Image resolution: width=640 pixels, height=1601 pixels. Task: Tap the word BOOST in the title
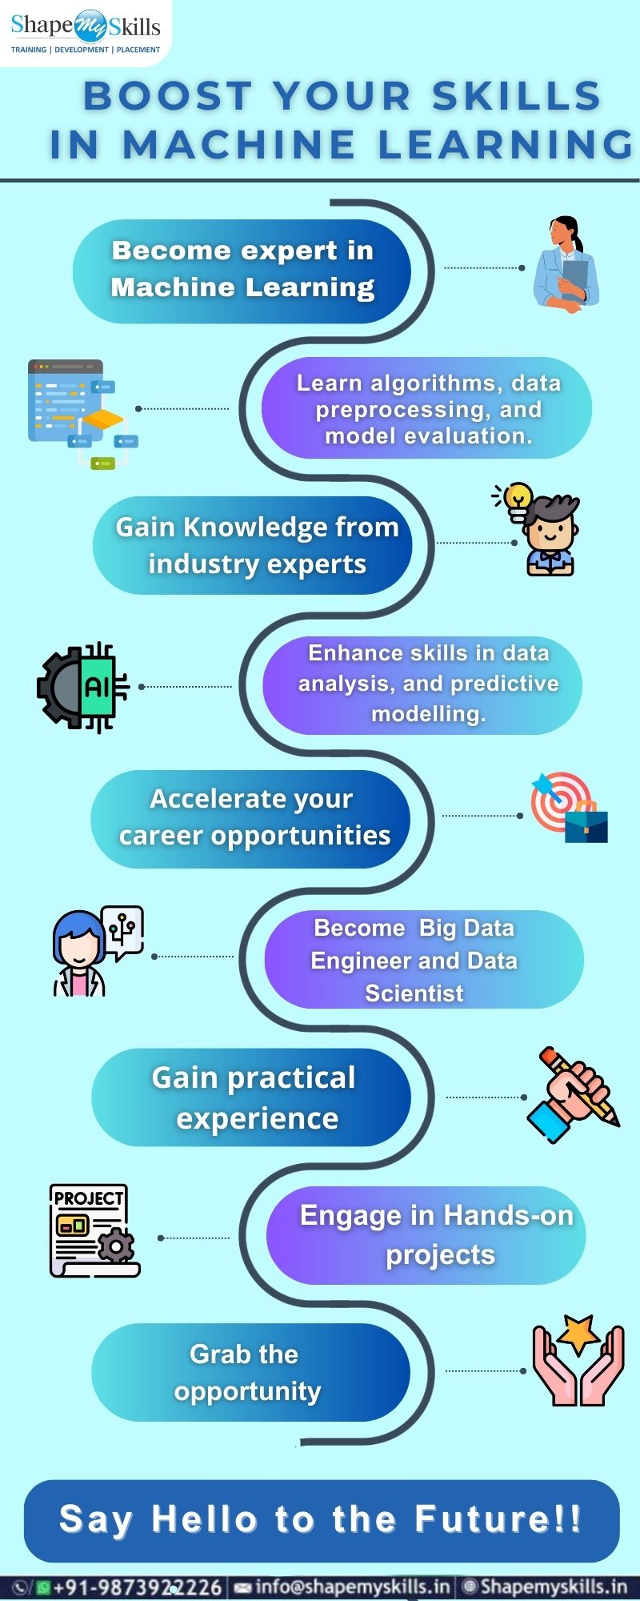[168, 97]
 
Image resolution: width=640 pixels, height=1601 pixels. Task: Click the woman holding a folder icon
[565, 263]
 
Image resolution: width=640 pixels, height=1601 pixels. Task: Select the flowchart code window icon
[82, 414]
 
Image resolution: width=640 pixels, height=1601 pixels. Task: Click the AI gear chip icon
[82, 687]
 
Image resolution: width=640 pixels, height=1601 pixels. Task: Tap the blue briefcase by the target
[586, 825]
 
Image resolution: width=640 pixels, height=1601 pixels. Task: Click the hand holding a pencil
[573, 1093]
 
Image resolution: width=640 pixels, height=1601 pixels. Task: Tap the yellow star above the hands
[578, 1333]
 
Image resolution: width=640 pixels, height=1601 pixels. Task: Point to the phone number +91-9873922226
[137, 1587]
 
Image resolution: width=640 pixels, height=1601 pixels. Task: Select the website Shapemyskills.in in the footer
[554, 1586]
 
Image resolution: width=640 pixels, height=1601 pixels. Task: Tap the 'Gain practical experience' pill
[251, 1097]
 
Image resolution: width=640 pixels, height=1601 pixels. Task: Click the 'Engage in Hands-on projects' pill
[426, 1235]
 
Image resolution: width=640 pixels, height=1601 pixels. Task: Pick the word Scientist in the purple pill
[414, 993]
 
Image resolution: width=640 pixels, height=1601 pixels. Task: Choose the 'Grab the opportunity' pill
[251, 1372]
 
